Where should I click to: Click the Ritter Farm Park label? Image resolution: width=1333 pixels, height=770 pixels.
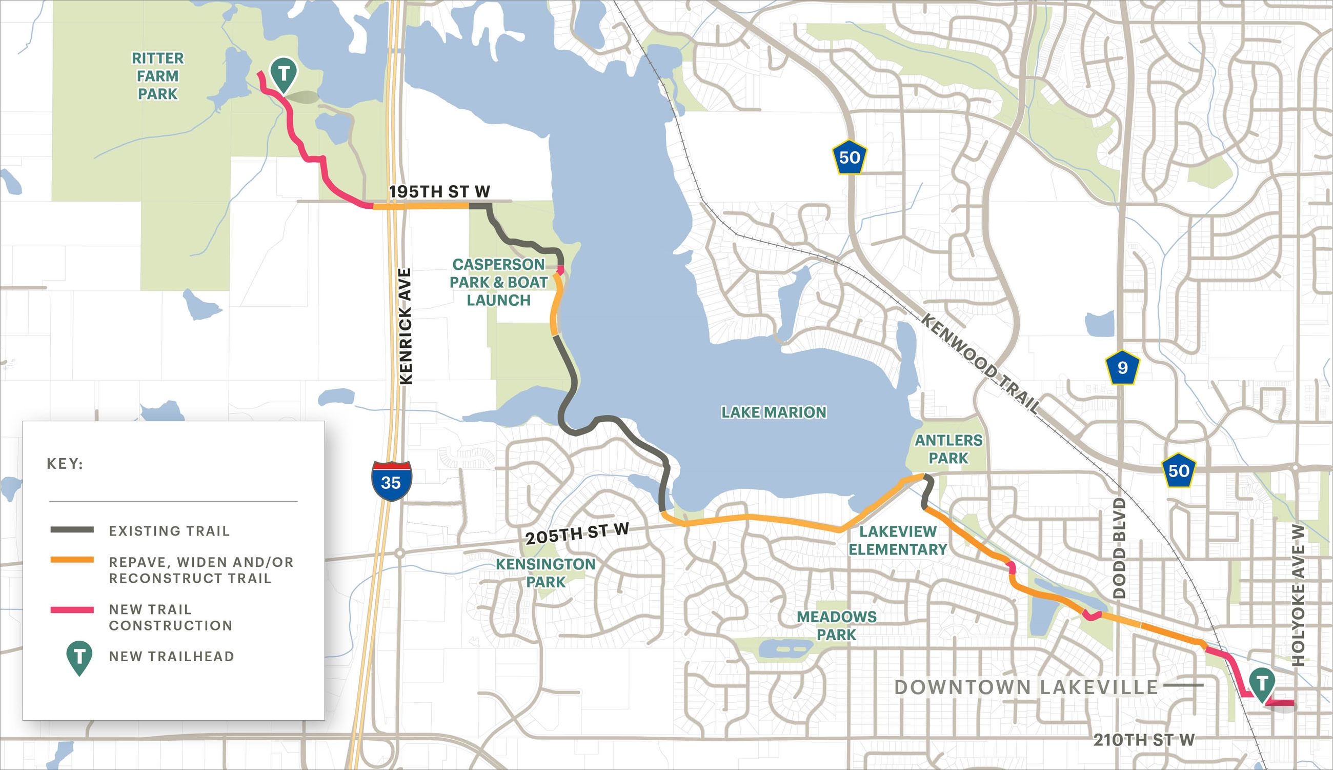click(157, 75)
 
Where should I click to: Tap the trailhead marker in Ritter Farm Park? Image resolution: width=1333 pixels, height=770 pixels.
click(284, 74)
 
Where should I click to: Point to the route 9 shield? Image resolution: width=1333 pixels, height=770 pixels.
click(1122, 367)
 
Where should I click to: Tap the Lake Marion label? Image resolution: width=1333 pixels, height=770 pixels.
click(774, 412)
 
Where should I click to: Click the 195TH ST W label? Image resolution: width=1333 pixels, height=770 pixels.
click(439, 191)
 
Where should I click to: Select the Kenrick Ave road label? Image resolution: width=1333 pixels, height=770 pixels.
click(406, 326)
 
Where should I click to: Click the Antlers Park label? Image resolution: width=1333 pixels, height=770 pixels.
click(949, 449)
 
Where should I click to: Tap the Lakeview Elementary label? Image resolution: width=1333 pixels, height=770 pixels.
click(898, 541)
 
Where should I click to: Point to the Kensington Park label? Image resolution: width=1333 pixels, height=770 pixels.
click(546, 572)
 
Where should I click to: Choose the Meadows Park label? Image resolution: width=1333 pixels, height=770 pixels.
click(836, 625)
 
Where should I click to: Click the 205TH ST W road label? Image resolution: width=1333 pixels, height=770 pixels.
click(577, 533)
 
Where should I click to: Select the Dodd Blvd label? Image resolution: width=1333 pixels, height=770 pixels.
click(1119, 548)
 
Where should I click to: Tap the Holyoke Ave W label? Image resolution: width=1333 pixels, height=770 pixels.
click(1298, 595)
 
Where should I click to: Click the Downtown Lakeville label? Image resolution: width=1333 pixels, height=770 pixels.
click(1026, 687)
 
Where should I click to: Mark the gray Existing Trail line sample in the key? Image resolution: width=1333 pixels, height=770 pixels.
click(72, 530)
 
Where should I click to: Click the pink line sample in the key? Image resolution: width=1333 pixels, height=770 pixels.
click(72, 610)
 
